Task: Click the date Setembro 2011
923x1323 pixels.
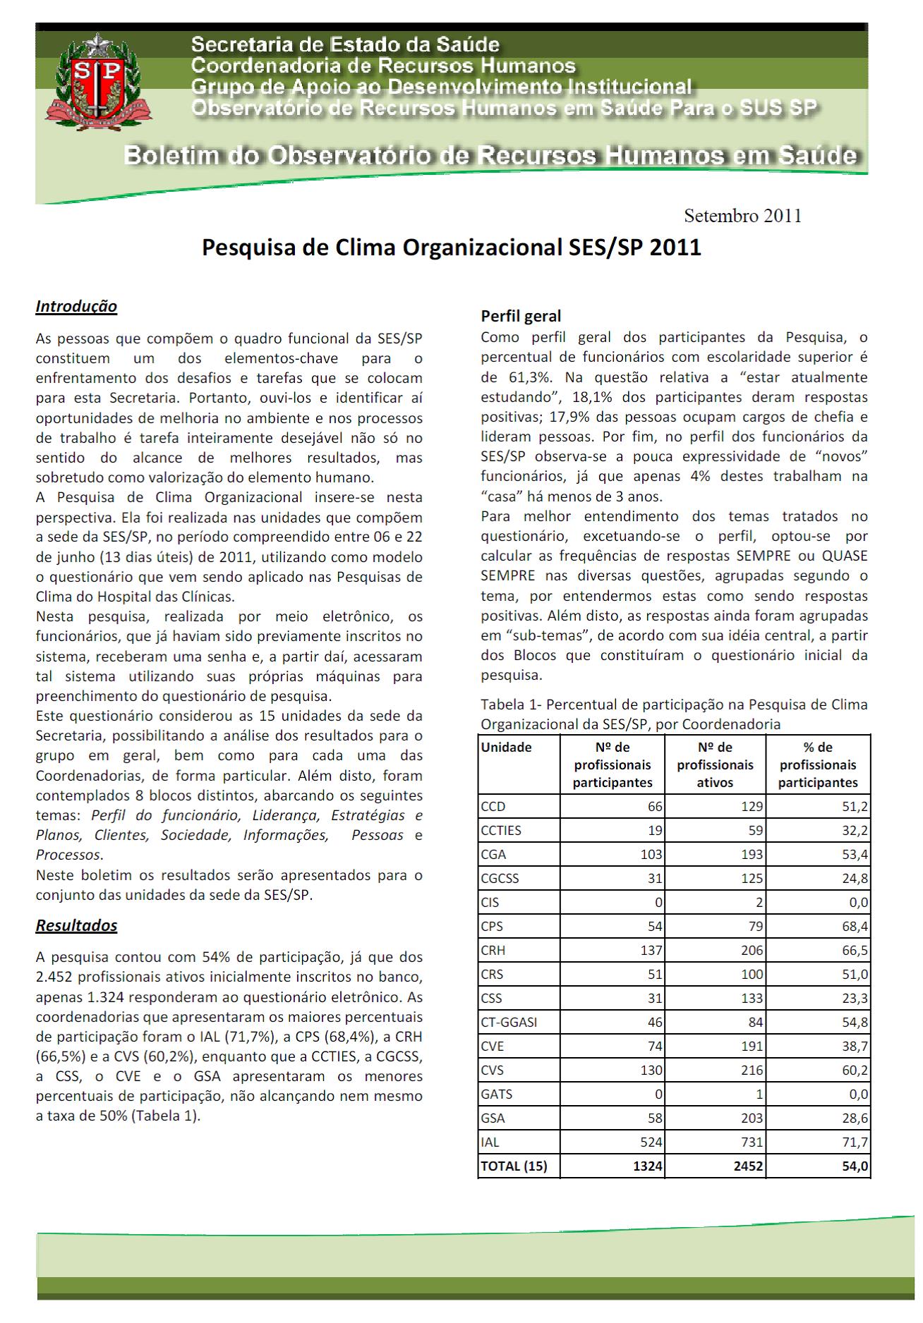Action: (742, 216)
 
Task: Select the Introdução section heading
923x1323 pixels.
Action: (76, 307)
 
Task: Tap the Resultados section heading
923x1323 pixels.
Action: (76, 925)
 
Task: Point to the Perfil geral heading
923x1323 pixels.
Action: (521, 316)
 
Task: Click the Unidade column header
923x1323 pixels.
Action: (506, 748)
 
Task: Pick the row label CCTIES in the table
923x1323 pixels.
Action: (501, 831)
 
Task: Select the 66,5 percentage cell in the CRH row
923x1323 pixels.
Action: (855, 951)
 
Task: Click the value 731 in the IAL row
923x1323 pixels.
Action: (751, 1142)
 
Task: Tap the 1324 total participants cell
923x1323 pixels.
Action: (647, 1166)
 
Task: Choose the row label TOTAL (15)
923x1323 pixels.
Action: (514, 1166)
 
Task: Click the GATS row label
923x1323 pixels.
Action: (497, 1095)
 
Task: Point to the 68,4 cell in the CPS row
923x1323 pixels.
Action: (855, 927)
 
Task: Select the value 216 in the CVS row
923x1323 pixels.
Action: (751, 1071)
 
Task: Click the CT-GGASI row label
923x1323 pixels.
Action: (509, 1023)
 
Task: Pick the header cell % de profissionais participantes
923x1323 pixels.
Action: (818, 765)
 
